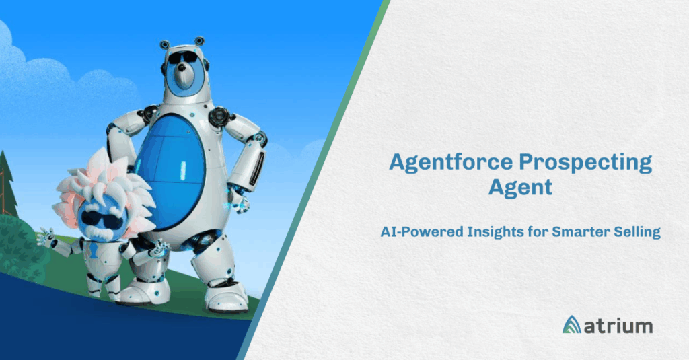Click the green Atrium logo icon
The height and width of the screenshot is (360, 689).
pyautogui.click(x=572, y=324)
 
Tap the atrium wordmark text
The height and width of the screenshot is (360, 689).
pyautogui.click(x=618, y=326)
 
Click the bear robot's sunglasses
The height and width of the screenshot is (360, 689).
pyautogui.click(x=183, y=58)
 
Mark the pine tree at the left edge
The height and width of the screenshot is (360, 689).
pyautogui.click(x=7, y=184)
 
